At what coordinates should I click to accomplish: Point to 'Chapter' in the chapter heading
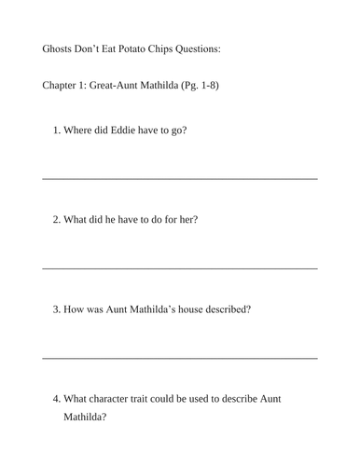62,87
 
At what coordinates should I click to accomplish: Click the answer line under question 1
180,178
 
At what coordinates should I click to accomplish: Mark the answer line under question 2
180,268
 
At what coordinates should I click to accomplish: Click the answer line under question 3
180,358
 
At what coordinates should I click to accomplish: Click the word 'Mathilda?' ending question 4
85,418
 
